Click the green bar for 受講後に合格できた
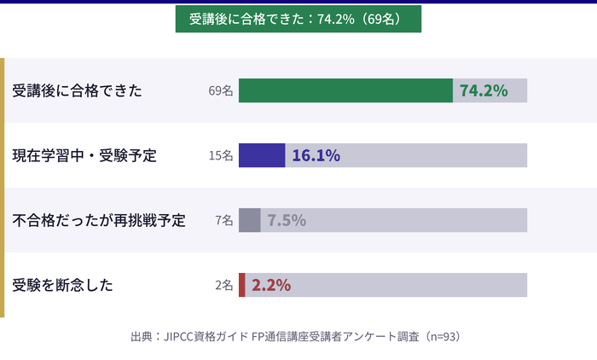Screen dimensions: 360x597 pyautogui.click(x=345, y=90)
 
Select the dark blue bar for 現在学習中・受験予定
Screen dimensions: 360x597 pyautogui.click(x=262, y=155)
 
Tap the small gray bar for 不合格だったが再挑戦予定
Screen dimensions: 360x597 pyautogui.click(x=249, y=220)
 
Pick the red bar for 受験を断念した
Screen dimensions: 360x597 pyautogui.click(x=242, y=285)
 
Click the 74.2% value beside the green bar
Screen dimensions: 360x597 pyautogui.click(x=484, y=90)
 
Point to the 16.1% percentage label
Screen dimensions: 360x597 pyautogui.click(x=316, y=155)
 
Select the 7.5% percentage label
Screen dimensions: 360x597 pyautogui.click(x=287, y=220)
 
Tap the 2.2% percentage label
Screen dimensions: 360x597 pyautogui.click(x=271, y=285)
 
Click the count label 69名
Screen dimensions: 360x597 pyautogui.click(x=221, y=90)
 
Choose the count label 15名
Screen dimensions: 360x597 pyautogui.click(x=221, y=155)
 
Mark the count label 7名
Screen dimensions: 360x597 pyautogui.click(x=224, y=220)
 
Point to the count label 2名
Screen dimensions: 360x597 pyautogui.click(x=224, y=285)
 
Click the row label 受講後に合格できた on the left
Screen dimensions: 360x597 pyautogui.click(x=78, y=90)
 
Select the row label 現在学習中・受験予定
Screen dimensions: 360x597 pyautogui.click(x=84, y=155)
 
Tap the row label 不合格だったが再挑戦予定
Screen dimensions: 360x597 pyautogui.click(x=99, y=220)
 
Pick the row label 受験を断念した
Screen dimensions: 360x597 pyautogui.click(x=62, y=285)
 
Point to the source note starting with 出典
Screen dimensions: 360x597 pyautogui.click(x=295, y=336)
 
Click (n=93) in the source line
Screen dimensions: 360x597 pyautogui.click(x=443, y=336)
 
